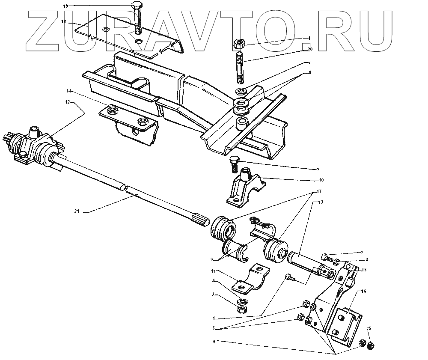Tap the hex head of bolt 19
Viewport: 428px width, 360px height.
point(137,6)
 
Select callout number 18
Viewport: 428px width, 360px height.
point(63,21)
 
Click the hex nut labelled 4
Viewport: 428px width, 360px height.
point(239,43)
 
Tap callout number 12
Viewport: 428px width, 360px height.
point(67,102)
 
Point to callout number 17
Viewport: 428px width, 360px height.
point(318,191)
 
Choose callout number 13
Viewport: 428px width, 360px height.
point(321,202)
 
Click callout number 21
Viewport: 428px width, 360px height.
point(77,211)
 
